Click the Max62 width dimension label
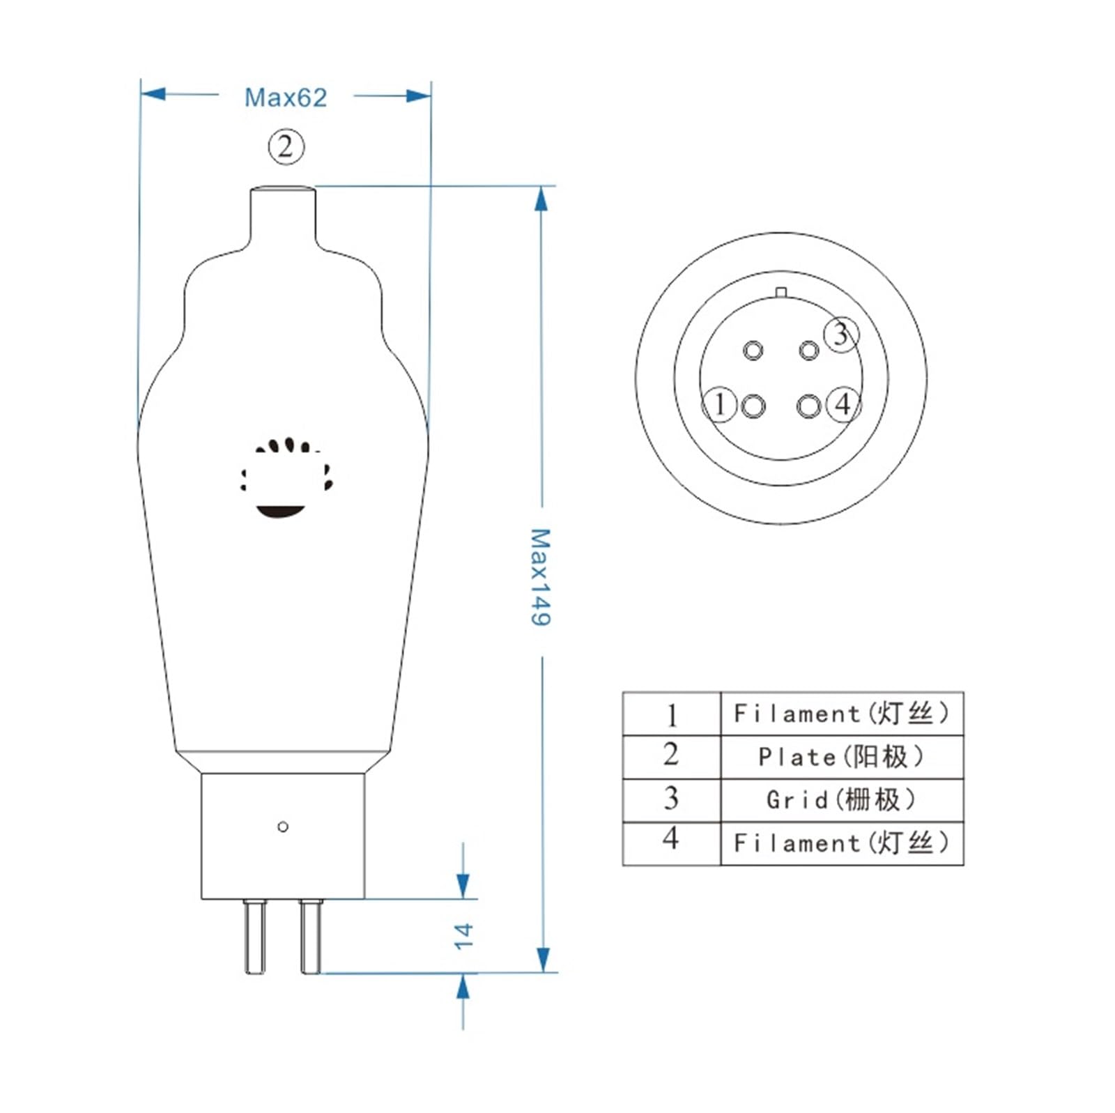click(x=285, y=98)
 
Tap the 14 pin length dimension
click(x=463, y=935)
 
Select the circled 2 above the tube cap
click(x=286, y=147)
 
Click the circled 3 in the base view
click(x=841, y=334)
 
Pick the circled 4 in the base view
click(x=843, y=404)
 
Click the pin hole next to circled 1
click(x=753, y=406)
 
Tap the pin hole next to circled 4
click(x=808, y=406)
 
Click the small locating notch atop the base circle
click(x=780, y=292)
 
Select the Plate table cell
click(x=841, y=757)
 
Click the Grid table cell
click(x=841, y=799)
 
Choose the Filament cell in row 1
click(x=841, y=714)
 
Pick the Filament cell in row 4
click(x=841, y=843)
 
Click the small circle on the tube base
click(x=283, y=827)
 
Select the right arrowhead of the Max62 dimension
click(x=418, y=95)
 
